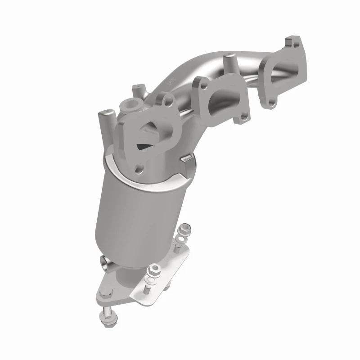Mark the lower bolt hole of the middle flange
(x=243, y=117)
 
